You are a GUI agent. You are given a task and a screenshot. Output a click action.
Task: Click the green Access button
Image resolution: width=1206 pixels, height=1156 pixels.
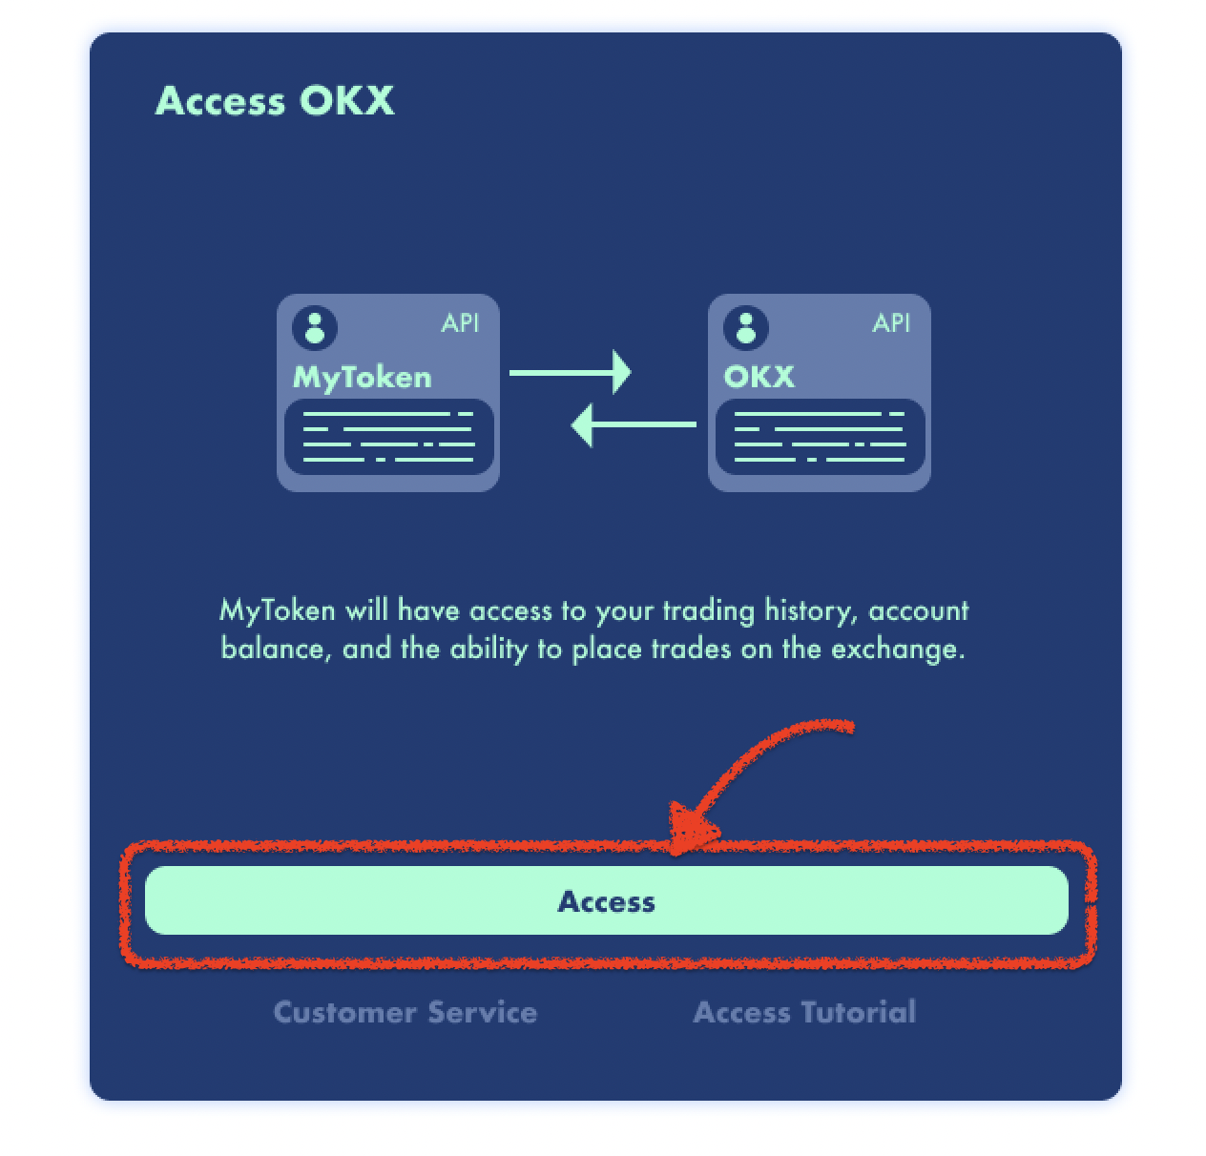606,900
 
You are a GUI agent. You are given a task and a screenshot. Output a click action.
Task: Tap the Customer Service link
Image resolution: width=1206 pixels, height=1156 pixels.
405,1012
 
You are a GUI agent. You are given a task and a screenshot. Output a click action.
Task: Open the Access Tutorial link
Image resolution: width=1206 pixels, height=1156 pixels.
804,1012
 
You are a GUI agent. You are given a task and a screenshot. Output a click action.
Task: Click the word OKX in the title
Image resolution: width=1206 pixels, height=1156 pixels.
346,101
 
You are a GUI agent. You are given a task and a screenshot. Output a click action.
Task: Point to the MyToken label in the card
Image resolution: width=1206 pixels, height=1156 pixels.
362,378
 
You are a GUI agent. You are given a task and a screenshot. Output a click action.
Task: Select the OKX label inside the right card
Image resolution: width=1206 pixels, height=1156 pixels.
759,377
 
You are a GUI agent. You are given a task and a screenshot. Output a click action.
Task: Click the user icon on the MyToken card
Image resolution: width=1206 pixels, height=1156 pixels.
315,327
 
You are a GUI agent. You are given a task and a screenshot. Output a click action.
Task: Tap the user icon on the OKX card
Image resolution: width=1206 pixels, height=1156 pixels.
746,327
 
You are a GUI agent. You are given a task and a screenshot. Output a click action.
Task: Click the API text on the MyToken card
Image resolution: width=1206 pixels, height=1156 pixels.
460,323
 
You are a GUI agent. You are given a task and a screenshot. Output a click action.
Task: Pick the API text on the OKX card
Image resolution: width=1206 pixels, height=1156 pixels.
891,323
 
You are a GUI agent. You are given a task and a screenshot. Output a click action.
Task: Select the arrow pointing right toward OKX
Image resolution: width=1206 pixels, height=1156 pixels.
570,372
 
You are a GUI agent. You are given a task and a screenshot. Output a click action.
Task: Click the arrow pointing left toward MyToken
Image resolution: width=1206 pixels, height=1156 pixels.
634,424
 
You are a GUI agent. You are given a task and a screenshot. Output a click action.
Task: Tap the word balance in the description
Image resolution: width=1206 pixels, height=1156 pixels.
272,650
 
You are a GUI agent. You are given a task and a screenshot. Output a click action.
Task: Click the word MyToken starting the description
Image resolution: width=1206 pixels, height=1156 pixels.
278,610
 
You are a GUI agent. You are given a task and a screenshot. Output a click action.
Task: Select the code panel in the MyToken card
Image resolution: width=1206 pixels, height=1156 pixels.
388,437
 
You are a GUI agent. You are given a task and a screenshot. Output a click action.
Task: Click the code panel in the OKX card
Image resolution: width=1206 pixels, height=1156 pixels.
820,437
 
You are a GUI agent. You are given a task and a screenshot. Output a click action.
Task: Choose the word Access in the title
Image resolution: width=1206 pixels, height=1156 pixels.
220,101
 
